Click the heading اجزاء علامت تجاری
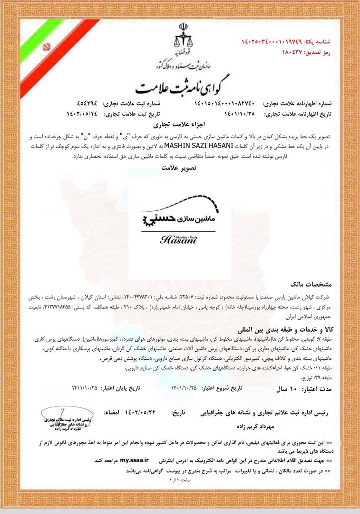180,126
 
